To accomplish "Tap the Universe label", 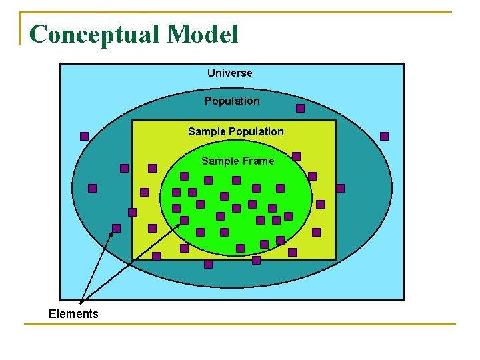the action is (x=229, y=73).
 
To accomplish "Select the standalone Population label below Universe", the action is (x=232, y=101).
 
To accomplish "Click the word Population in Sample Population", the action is (x=257, y=131).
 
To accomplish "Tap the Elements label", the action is (x=73, y=314).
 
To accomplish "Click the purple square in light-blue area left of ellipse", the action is (x=84, y=136).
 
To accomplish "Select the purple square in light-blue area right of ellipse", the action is (x=384, y=136).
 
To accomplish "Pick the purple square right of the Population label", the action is (x=300, y=108).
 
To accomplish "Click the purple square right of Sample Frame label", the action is (x=296, y=156).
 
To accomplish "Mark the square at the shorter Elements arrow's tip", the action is (x=116, y=228).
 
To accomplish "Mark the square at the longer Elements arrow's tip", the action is (x=184, y=220).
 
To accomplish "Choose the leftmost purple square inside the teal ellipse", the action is (x=92, y=188).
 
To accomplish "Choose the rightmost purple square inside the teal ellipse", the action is (x=340, y=188).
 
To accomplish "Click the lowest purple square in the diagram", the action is (x=208, y=264).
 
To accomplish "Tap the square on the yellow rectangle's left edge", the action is (x=132, y=212).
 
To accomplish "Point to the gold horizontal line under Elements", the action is (x=240, y=325).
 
